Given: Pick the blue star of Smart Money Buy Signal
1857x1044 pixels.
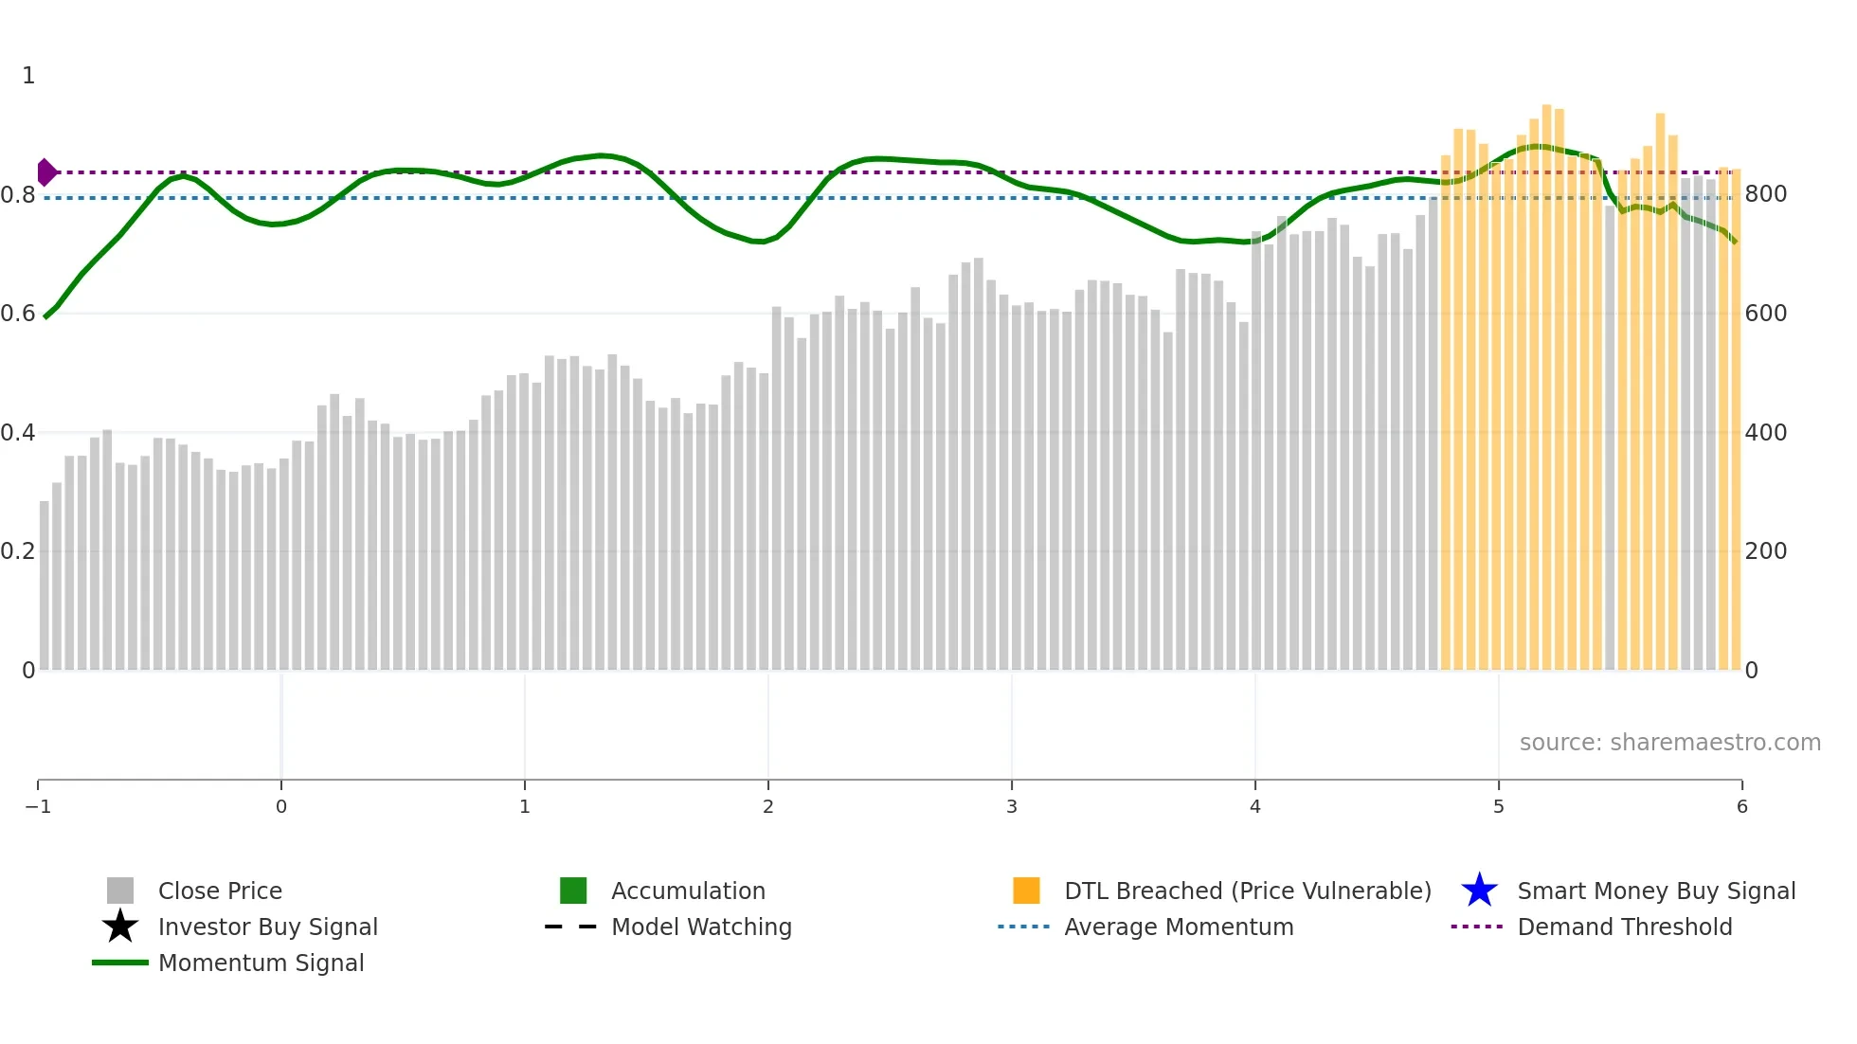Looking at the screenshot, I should (x=1479, y=891).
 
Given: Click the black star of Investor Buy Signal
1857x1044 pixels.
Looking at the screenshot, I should (x=120, y=927).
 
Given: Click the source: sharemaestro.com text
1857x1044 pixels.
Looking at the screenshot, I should (x=1669, y=743).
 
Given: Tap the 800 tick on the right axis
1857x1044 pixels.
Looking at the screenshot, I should (x=1766, y=194).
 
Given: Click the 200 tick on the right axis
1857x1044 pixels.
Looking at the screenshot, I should (x=1766, y=551).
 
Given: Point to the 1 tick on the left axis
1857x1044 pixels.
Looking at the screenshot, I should (x=28, y=76).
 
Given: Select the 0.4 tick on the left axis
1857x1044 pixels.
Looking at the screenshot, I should (x=18, y=433).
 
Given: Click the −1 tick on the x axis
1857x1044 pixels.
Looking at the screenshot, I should (x=38, y=806).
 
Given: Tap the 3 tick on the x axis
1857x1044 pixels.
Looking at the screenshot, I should (x=1012, y=806).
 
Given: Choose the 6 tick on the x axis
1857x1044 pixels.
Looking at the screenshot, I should (x=1741, y=806).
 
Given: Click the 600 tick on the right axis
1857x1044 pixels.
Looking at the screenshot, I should (x=1766, y=314).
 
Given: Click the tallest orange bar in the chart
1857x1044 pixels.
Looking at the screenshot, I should (x=1547, y=379).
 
